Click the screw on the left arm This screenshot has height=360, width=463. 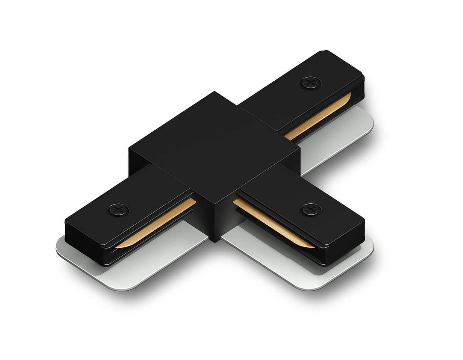tap(118, 210)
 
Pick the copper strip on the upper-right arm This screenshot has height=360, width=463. tap(320, 116)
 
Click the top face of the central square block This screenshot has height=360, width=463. tap(214, 147)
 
